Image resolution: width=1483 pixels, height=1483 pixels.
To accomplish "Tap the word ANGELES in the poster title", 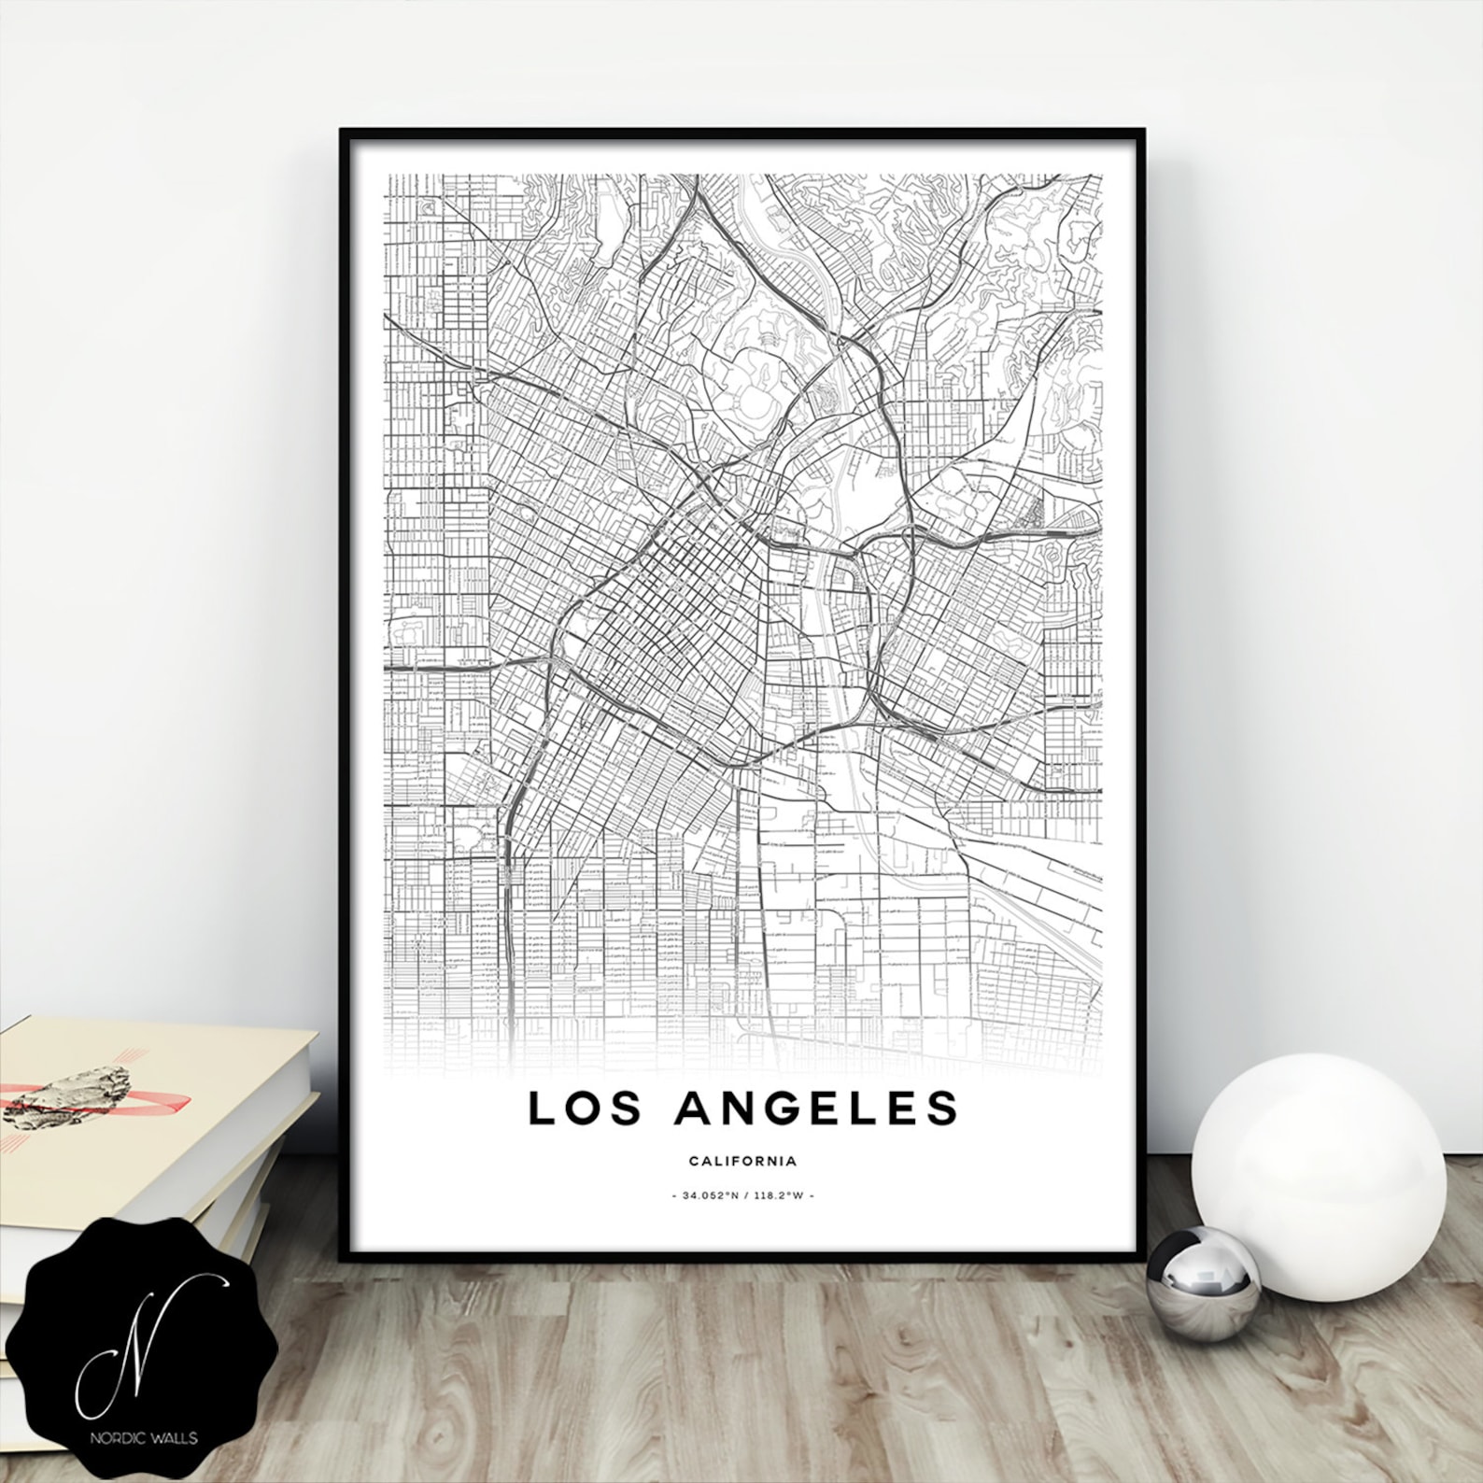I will pyautogui.click(x=819, y=1108).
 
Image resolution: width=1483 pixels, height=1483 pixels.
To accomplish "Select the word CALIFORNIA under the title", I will pyautogui.click(x=742, y=1162).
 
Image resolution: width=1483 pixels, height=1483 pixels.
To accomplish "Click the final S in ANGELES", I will pyautogui.click(x=940, y=1108).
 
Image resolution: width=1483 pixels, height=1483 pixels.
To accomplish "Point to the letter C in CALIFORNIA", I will pyautogui.click(x=694, y=1162).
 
